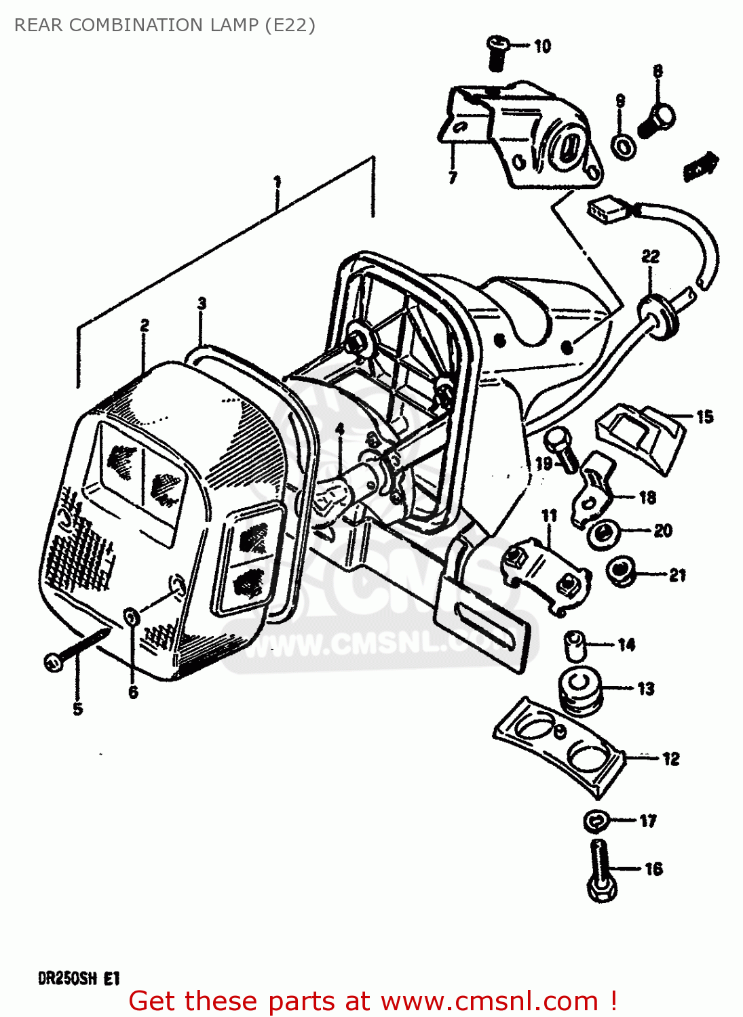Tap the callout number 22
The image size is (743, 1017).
(650, 256)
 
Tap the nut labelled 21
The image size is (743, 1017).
(619, 573)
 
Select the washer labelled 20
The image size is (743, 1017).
(603, 534)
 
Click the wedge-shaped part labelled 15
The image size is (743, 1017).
(639, 436)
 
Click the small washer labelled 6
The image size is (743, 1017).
(132, 617)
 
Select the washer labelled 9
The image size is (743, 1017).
(622, 145)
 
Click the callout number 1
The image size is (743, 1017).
(277, 182)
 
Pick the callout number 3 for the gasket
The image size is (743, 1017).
(202, 303)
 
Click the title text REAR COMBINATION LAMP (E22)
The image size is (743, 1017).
(165, 25)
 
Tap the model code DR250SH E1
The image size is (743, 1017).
(79, 978)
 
